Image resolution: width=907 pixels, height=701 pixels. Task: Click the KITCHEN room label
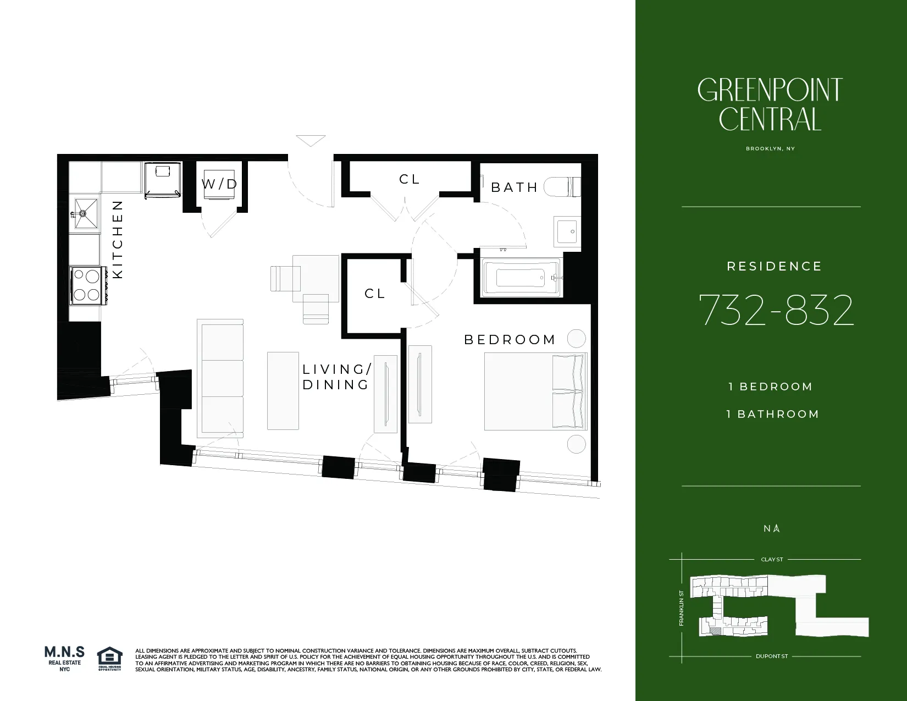118,239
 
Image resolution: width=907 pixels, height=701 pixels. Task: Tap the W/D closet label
219,184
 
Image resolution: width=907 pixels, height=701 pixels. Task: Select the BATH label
514,187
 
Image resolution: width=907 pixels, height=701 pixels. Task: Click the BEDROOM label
510,340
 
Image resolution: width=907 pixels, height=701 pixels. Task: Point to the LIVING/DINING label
336,377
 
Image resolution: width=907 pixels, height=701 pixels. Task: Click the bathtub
519,278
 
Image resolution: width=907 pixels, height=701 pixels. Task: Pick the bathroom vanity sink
566,231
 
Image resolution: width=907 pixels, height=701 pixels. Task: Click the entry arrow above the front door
311,140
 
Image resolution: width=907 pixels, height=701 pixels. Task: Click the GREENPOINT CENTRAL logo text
770,104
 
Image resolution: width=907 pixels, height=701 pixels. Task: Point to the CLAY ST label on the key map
772,559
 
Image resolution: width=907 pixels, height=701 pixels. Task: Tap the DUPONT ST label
772,656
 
